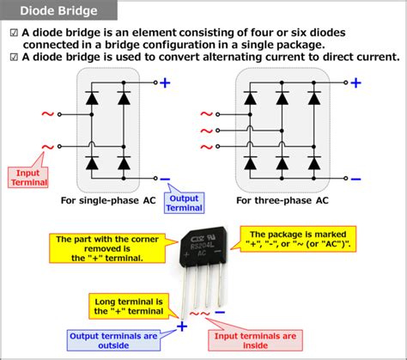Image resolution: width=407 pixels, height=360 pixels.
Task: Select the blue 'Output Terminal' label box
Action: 183,203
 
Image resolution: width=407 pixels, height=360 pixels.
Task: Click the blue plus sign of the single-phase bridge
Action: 165,84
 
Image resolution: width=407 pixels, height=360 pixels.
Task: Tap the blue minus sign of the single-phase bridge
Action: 165,180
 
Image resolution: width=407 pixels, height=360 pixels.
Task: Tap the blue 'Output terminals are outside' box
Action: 111,340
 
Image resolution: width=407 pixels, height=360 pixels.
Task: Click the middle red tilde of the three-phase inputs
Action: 206,131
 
